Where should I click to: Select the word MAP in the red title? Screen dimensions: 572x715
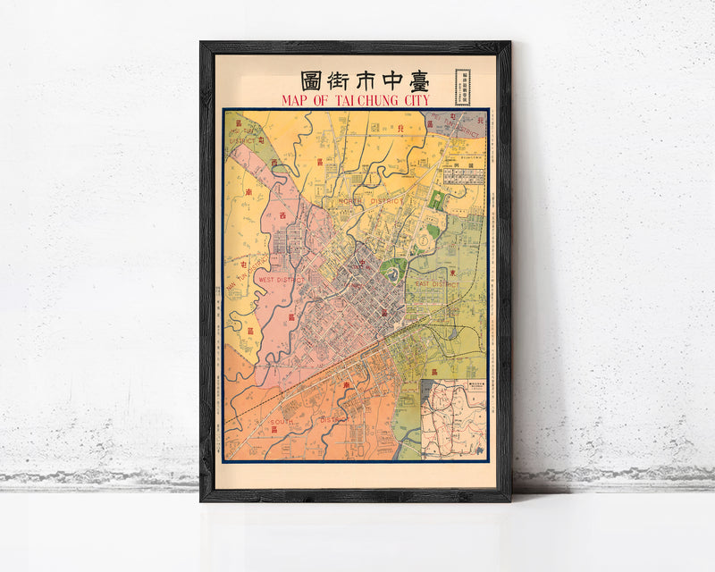(x=298, y=99)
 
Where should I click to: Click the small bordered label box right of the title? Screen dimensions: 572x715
(x=463, y=82)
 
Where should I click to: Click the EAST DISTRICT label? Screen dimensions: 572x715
(x=435, y=283)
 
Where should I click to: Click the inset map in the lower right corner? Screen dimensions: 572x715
(x=454, y=416)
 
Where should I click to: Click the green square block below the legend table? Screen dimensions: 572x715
(x=436, y=201)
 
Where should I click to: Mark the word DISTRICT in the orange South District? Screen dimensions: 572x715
(x=332, y=418)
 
